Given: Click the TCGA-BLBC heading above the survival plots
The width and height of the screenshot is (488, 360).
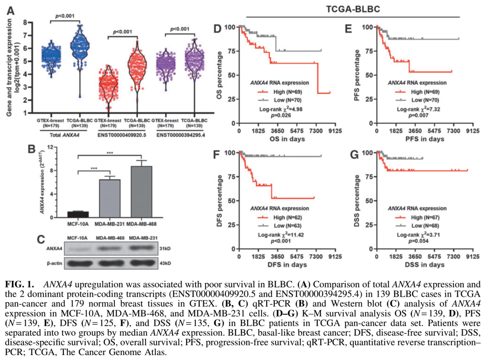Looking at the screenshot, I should coord(353,9).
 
